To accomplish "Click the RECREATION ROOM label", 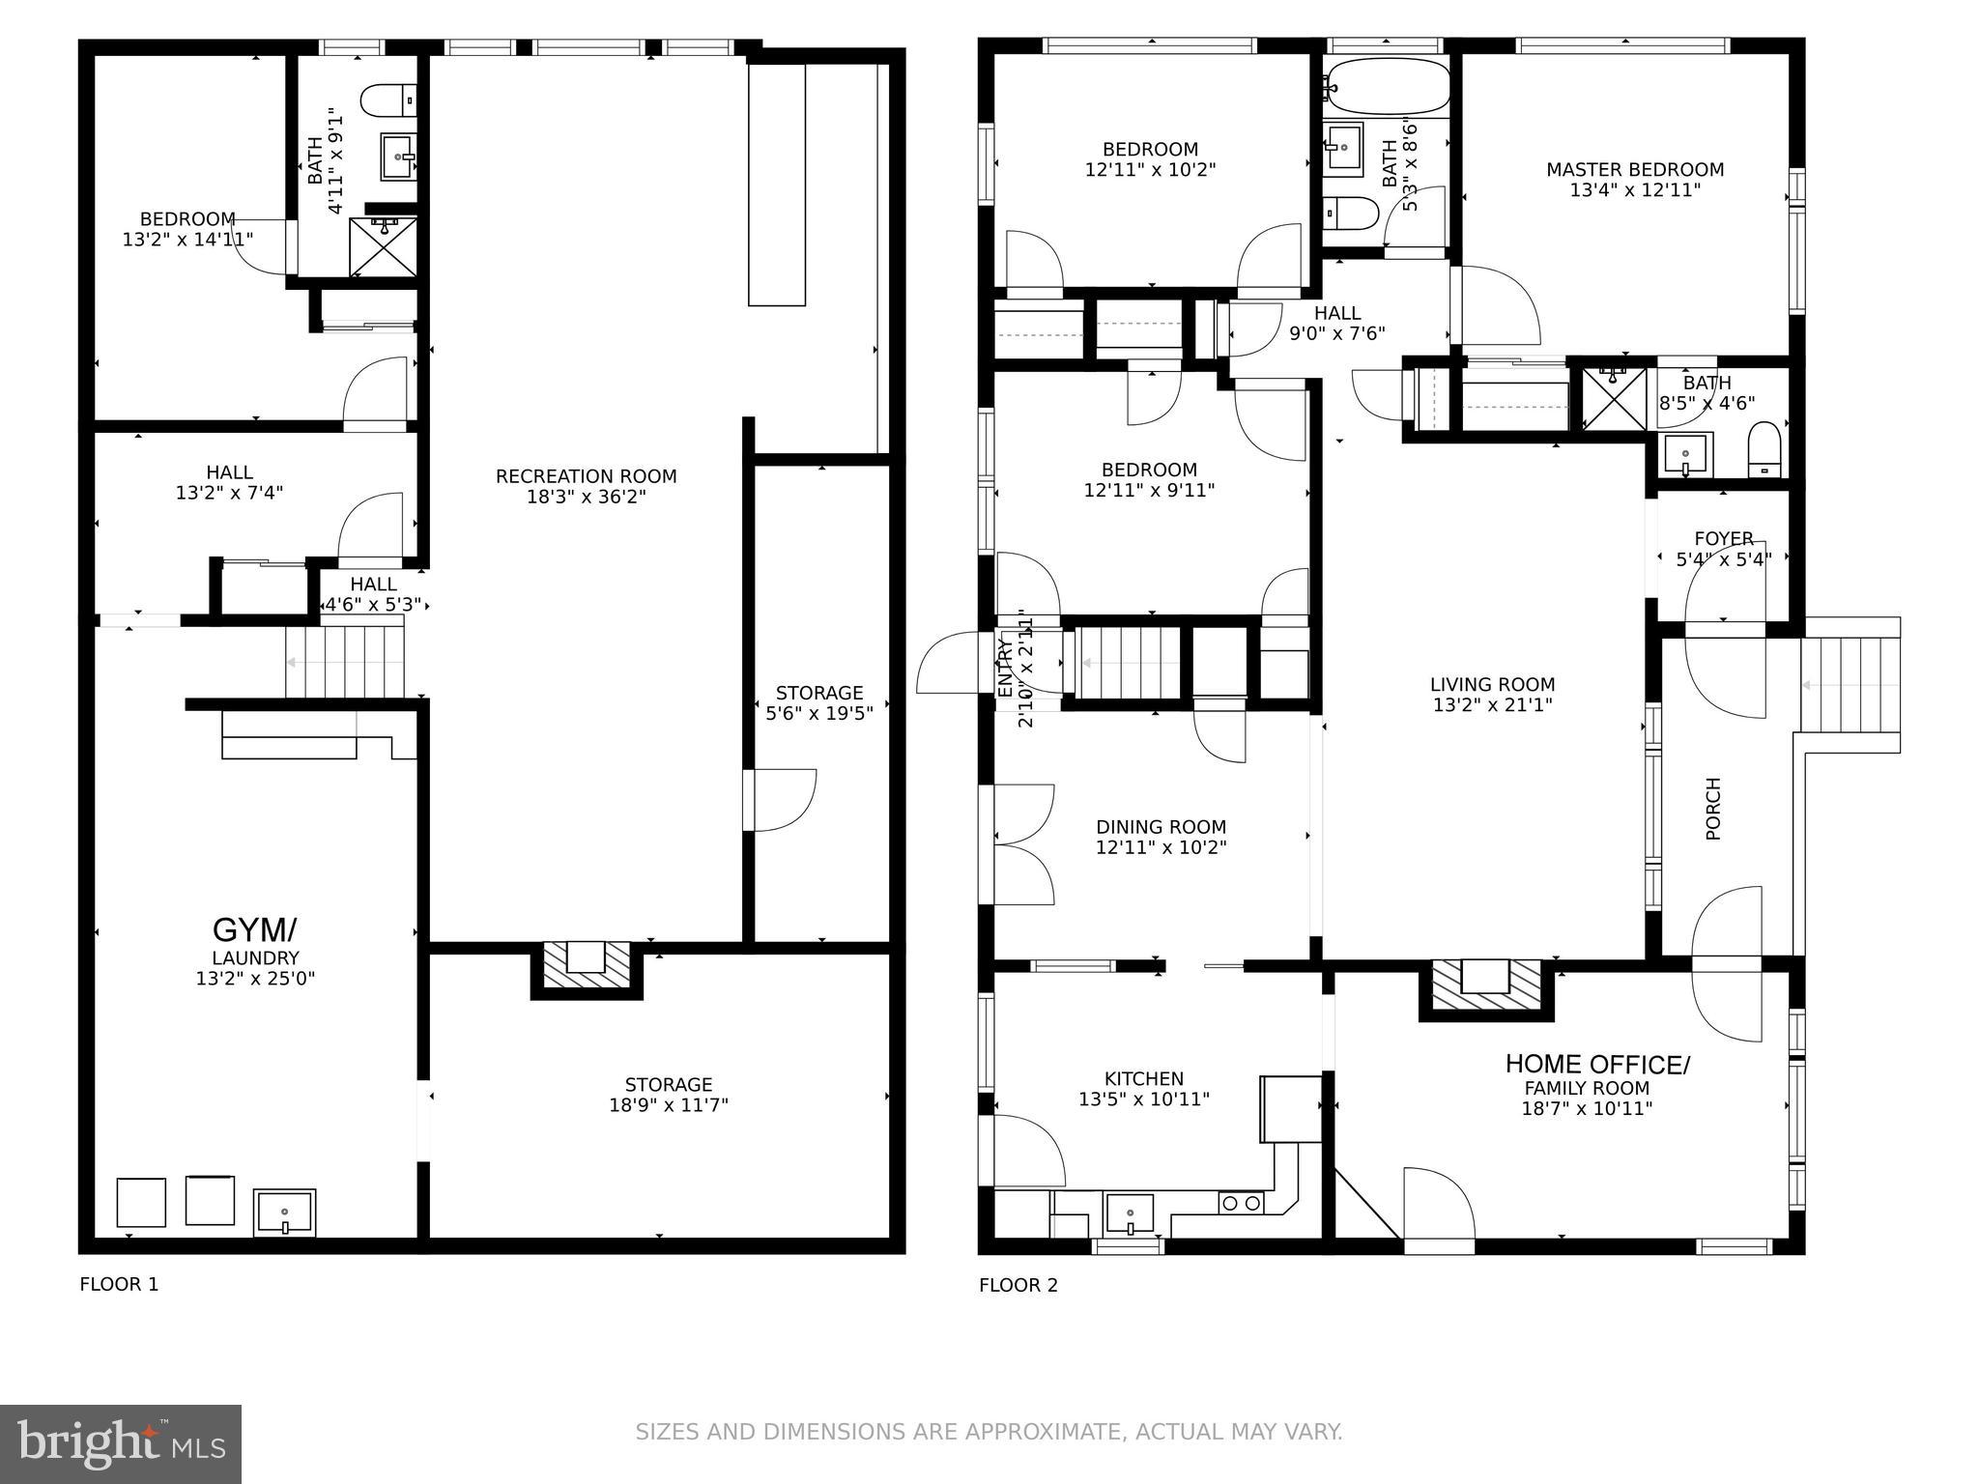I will (586, 476).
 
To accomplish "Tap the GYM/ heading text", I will (254, 930).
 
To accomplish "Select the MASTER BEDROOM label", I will (1634, 170).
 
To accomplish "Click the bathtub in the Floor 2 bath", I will (1388, 87).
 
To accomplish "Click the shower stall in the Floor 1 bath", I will (384, 247).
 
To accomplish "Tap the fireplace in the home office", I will (1485, 987).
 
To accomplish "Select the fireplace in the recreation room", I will (586, 966).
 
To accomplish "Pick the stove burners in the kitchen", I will (1241, 1203).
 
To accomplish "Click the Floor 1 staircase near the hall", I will (345, 663).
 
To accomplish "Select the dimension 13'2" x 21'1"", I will (1492, 705).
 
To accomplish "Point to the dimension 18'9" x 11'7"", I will (668, 1105).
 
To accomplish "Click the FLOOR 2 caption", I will (1018, 1285).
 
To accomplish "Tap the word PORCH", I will (1713, 809).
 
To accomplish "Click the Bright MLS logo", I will (121, 1444).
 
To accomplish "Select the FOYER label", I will (1723, 539).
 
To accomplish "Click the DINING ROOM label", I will (1161, 827).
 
